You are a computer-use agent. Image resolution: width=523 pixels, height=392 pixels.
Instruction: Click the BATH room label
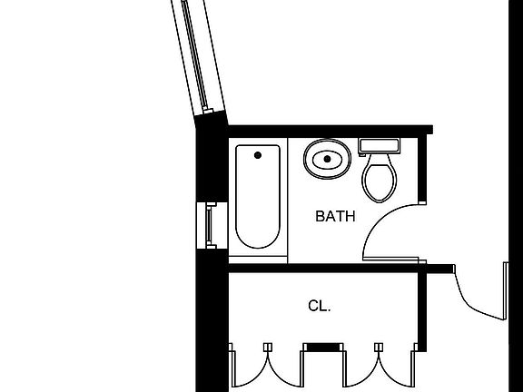tap(335, 216)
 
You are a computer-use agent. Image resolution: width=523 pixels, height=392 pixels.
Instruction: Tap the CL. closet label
tap(320, 306)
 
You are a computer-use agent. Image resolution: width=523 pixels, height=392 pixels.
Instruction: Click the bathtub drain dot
tap(258, 155)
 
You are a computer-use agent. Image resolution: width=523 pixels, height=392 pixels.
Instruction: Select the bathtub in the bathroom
tap(258, 197)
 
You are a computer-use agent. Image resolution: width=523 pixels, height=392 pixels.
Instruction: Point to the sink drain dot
tap(327, 159)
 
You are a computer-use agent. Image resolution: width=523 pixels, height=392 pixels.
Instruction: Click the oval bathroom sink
tap(327, 159)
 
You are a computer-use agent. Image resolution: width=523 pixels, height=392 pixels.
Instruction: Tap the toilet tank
tap(379, 146)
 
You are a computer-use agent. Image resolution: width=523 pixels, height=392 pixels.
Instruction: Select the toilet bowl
tap(380, 179)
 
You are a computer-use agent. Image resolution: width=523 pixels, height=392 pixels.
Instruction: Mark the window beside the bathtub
tap(212, 225)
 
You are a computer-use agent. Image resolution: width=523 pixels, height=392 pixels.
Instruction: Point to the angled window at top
tap(198, 56)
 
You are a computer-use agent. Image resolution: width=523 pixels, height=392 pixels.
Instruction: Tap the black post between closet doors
tap(324, 348)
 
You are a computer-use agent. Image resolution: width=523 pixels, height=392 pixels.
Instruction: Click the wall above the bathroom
tap(331, 130)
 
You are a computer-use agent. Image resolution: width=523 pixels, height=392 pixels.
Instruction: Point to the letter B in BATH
tap(321, 216)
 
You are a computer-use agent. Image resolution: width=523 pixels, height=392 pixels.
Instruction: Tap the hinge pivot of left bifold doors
tap(268, 348)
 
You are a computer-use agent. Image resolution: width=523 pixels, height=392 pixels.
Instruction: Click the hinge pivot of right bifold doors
tap(379, 348)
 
